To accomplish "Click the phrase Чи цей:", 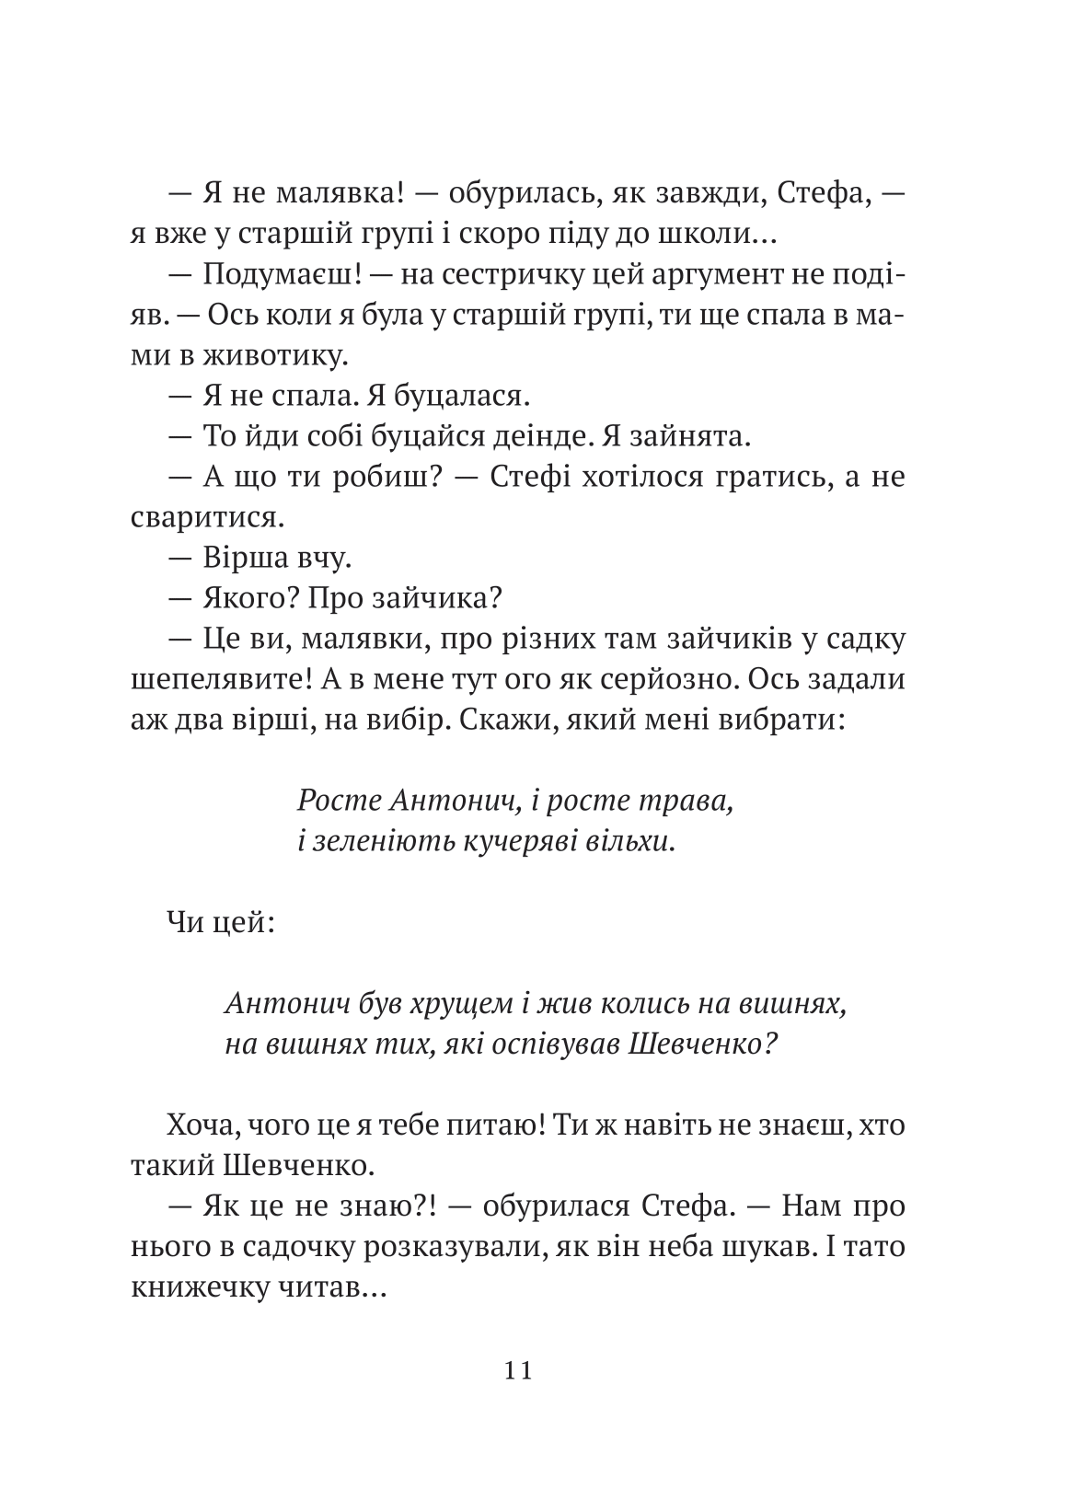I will coord(218,922).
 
